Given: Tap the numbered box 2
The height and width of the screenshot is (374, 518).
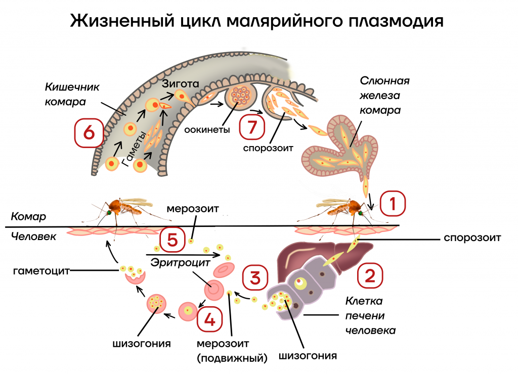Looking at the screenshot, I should coord(370,275).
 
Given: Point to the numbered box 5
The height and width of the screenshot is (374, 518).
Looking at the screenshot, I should coord(172,241).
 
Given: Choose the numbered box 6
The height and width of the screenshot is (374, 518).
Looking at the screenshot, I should coord(89,132).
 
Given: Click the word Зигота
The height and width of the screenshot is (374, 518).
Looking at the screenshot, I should coord(181,83).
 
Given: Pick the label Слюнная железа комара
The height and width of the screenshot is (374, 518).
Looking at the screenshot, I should coord(384,95).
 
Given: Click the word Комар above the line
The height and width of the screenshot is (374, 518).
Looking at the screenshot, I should coord(28,217).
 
